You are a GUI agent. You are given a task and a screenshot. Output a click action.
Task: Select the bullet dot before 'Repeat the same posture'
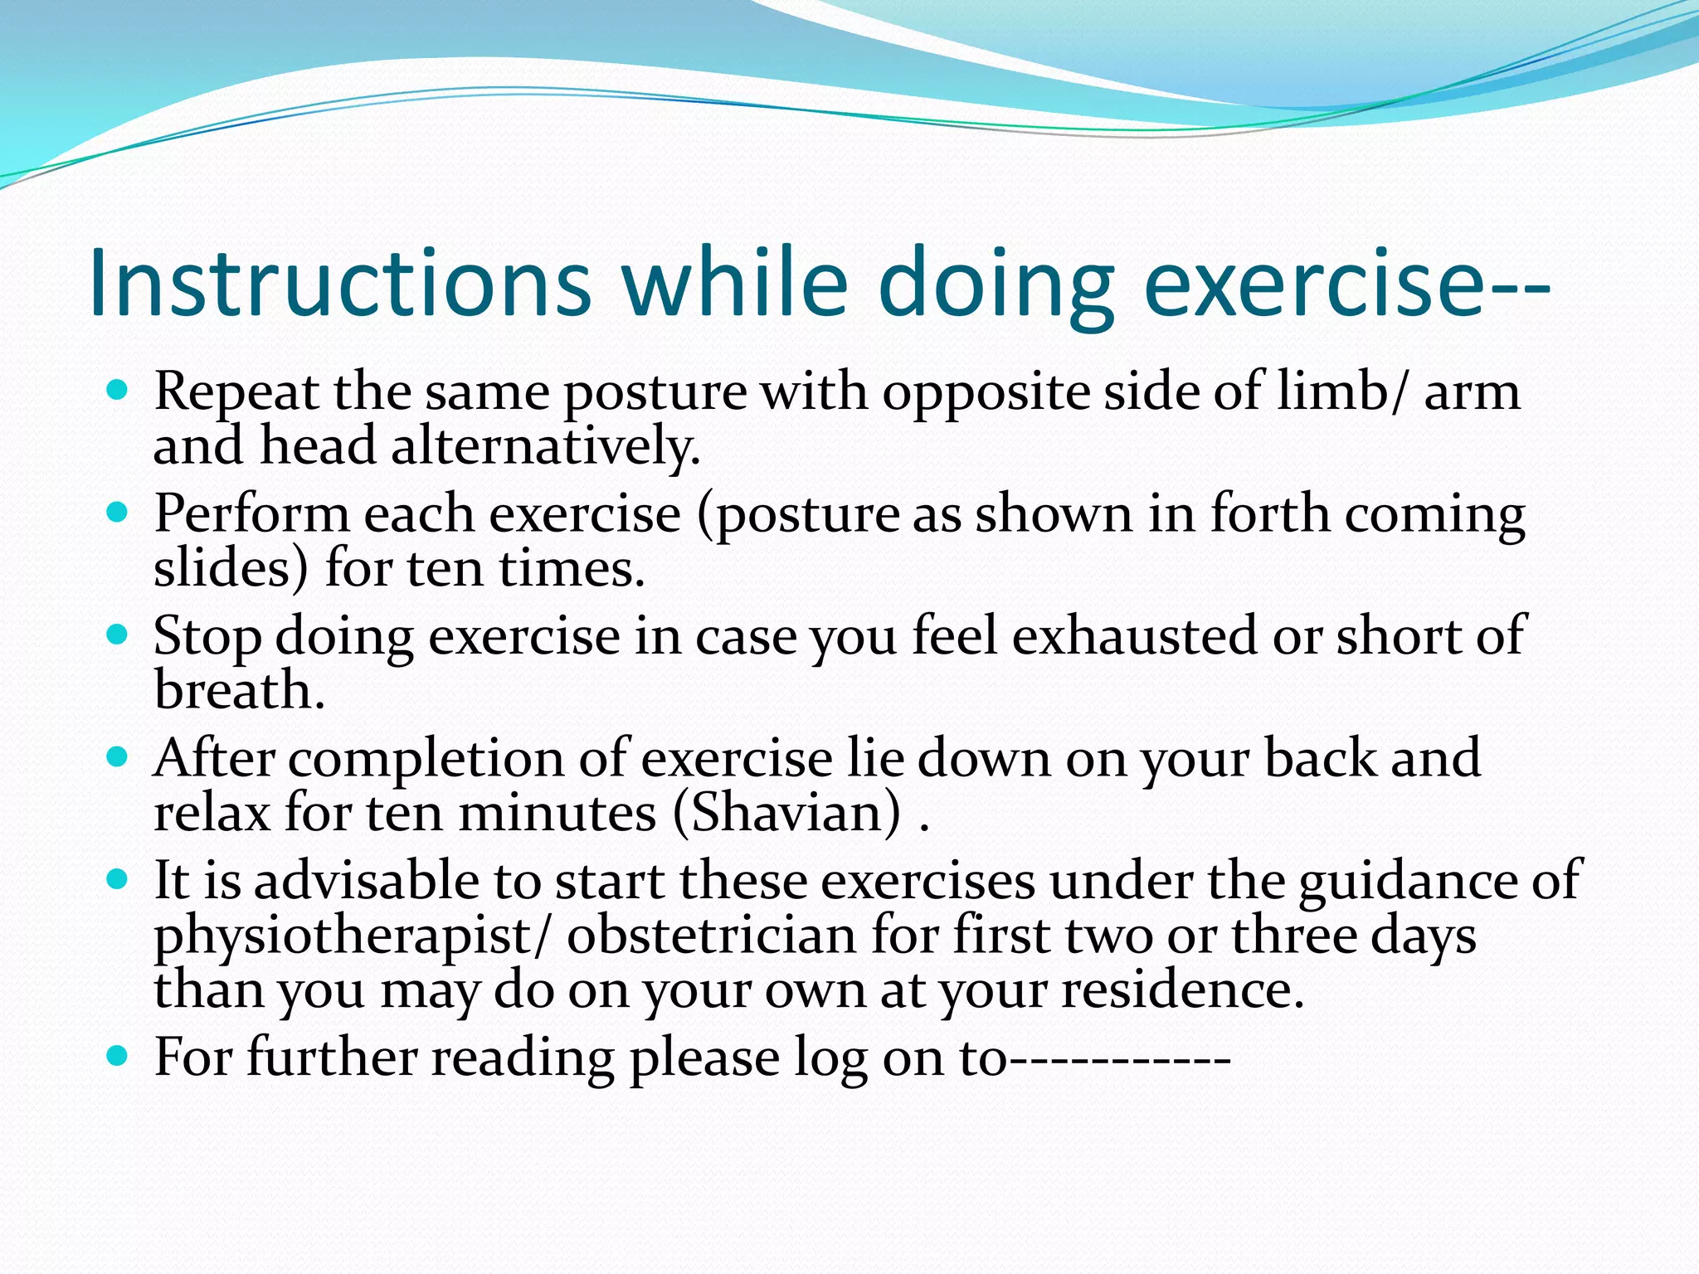point(118,389)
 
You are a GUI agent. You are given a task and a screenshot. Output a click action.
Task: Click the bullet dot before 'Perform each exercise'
point(118,512)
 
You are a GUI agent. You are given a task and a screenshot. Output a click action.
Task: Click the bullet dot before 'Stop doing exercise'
point(118,635)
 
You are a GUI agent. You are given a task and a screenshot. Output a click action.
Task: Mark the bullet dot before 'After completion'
point(118,756)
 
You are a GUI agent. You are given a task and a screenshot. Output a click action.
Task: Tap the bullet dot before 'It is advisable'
point(118,878)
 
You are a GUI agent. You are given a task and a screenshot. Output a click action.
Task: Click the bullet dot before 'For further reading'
point(118,1056)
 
